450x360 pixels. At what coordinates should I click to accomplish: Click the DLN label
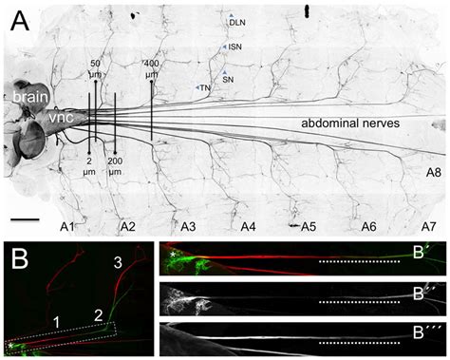pos(236,19)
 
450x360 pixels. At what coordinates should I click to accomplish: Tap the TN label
pos(202,87)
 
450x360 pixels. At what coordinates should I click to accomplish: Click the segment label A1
pos(68,228)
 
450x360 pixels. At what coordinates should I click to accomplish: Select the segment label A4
pos(248,228)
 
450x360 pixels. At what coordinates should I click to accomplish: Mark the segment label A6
pos(368,228)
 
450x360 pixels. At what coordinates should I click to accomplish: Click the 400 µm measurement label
pos(152,68)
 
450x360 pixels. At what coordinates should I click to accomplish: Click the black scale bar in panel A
pos(27,220)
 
